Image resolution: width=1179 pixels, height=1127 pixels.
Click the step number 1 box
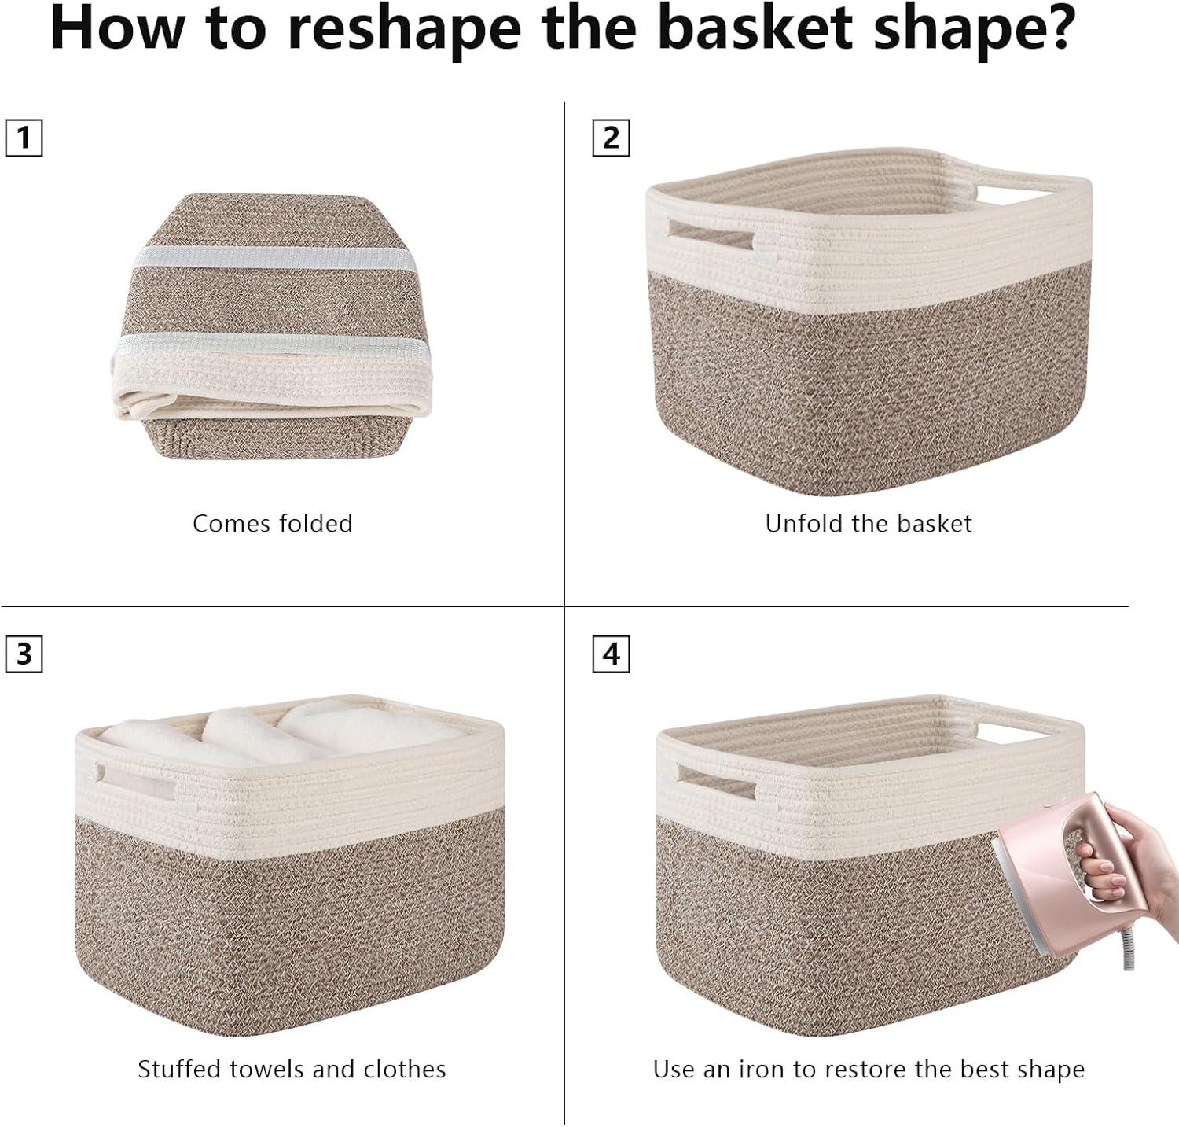[x=24, y=138]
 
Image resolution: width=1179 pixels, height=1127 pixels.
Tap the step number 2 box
[x=611, y=138]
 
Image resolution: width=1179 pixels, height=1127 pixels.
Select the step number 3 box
[x=24, y=654]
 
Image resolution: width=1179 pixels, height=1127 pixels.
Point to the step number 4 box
[x=611, y=654]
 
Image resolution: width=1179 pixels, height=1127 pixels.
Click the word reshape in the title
[x=404, y=29]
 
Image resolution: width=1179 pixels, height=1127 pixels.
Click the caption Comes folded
[x=273, y=524]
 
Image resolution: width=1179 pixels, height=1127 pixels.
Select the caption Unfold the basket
[x=869, y=524]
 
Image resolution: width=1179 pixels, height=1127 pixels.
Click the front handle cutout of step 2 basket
[x=714, y=233]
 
